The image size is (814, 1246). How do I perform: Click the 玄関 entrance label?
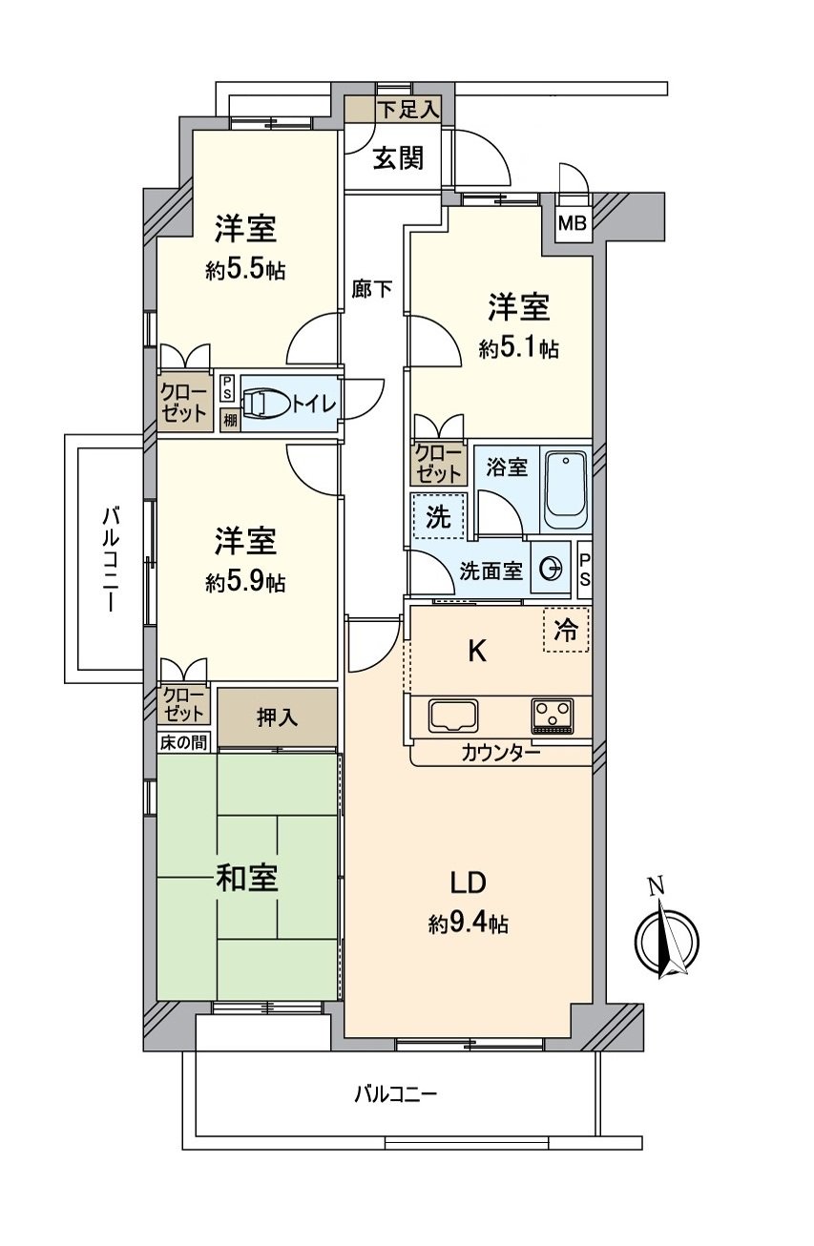(x=397, y=158)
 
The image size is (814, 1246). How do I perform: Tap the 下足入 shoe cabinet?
(x=406, y=109)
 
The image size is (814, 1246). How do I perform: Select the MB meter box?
(x=573, y=225)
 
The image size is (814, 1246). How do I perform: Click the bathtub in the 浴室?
(x=566, y=490)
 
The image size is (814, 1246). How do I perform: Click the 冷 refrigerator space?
(x=566, y=630)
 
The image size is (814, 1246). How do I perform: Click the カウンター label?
(x=501, y=753)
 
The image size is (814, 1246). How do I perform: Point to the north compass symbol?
(x=667, y=940)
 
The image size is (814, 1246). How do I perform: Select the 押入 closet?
(x=277, y=717)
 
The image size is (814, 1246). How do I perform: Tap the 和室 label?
(x=246, y=879)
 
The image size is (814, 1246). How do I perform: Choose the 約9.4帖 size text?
(x=468, y=923)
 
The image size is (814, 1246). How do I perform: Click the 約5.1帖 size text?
(x=518, y=349)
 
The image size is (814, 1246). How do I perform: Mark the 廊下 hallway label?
(x=371, y=289)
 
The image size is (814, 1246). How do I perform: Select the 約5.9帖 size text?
(x=245, y=582)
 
